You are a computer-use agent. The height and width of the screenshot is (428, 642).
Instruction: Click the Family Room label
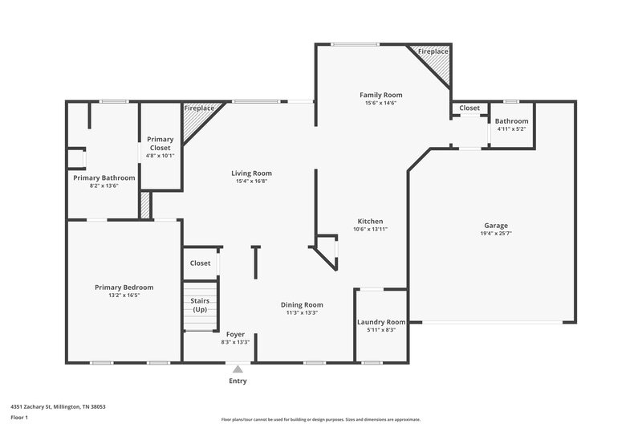380,95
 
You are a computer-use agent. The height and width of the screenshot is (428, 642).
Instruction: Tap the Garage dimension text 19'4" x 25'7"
495,234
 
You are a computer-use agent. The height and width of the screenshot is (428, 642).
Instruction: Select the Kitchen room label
370,221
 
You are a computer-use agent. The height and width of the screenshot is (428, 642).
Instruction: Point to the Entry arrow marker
238,369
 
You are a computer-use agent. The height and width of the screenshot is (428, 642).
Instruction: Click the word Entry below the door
238,381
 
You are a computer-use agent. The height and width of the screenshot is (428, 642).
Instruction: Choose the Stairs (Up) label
199,305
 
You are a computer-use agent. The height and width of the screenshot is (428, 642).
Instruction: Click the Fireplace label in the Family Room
433,51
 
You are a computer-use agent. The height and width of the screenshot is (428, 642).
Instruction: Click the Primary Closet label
160,143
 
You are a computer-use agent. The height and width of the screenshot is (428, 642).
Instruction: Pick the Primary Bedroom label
124,287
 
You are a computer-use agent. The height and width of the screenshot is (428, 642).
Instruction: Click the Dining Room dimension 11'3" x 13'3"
302,312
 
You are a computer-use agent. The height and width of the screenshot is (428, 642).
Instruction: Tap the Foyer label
235,334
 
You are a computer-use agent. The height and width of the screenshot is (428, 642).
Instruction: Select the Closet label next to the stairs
200,263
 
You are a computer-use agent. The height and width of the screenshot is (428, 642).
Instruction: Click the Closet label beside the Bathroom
469,108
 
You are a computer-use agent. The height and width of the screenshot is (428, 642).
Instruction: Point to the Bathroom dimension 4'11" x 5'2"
511,128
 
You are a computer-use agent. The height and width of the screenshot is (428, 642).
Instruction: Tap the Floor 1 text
19,418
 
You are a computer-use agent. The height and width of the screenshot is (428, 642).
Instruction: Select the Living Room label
251,173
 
